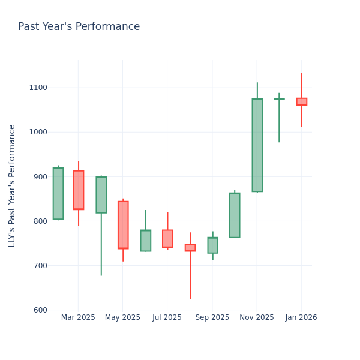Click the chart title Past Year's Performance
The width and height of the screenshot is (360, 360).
[x=79, y=27]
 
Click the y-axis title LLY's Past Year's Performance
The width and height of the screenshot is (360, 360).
[x=12, y=185]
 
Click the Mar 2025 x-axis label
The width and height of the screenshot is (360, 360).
[x=78, y=317]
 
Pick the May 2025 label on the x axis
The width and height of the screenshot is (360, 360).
[x=122, y=317]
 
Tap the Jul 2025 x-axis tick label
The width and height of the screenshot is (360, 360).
[x=167, y=317]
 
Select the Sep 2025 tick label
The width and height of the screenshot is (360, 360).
[x=212, y=317]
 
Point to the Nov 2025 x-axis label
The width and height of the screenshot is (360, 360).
[x=257, y=317]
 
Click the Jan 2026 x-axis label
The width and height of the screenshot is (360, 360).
[x=301, y=317]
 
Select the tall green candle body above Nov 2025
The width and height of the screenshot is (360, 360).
[x=257, y=145]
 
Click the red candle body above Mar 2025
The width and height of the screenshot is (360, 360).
[x=79, y=190]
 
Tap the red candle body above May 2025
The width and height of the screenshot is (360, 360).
[x=123, y=225]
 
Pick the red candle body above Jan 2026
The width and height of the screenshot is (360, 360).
[x=301, y=101]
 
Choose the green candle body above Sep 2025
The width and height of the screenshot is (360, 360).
[x=212, y=245]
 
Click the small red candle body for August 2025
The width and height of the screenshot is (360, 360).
[x=190, y=247]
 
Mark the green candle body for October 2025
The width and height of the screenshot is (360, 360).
[x=235, y=215]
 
